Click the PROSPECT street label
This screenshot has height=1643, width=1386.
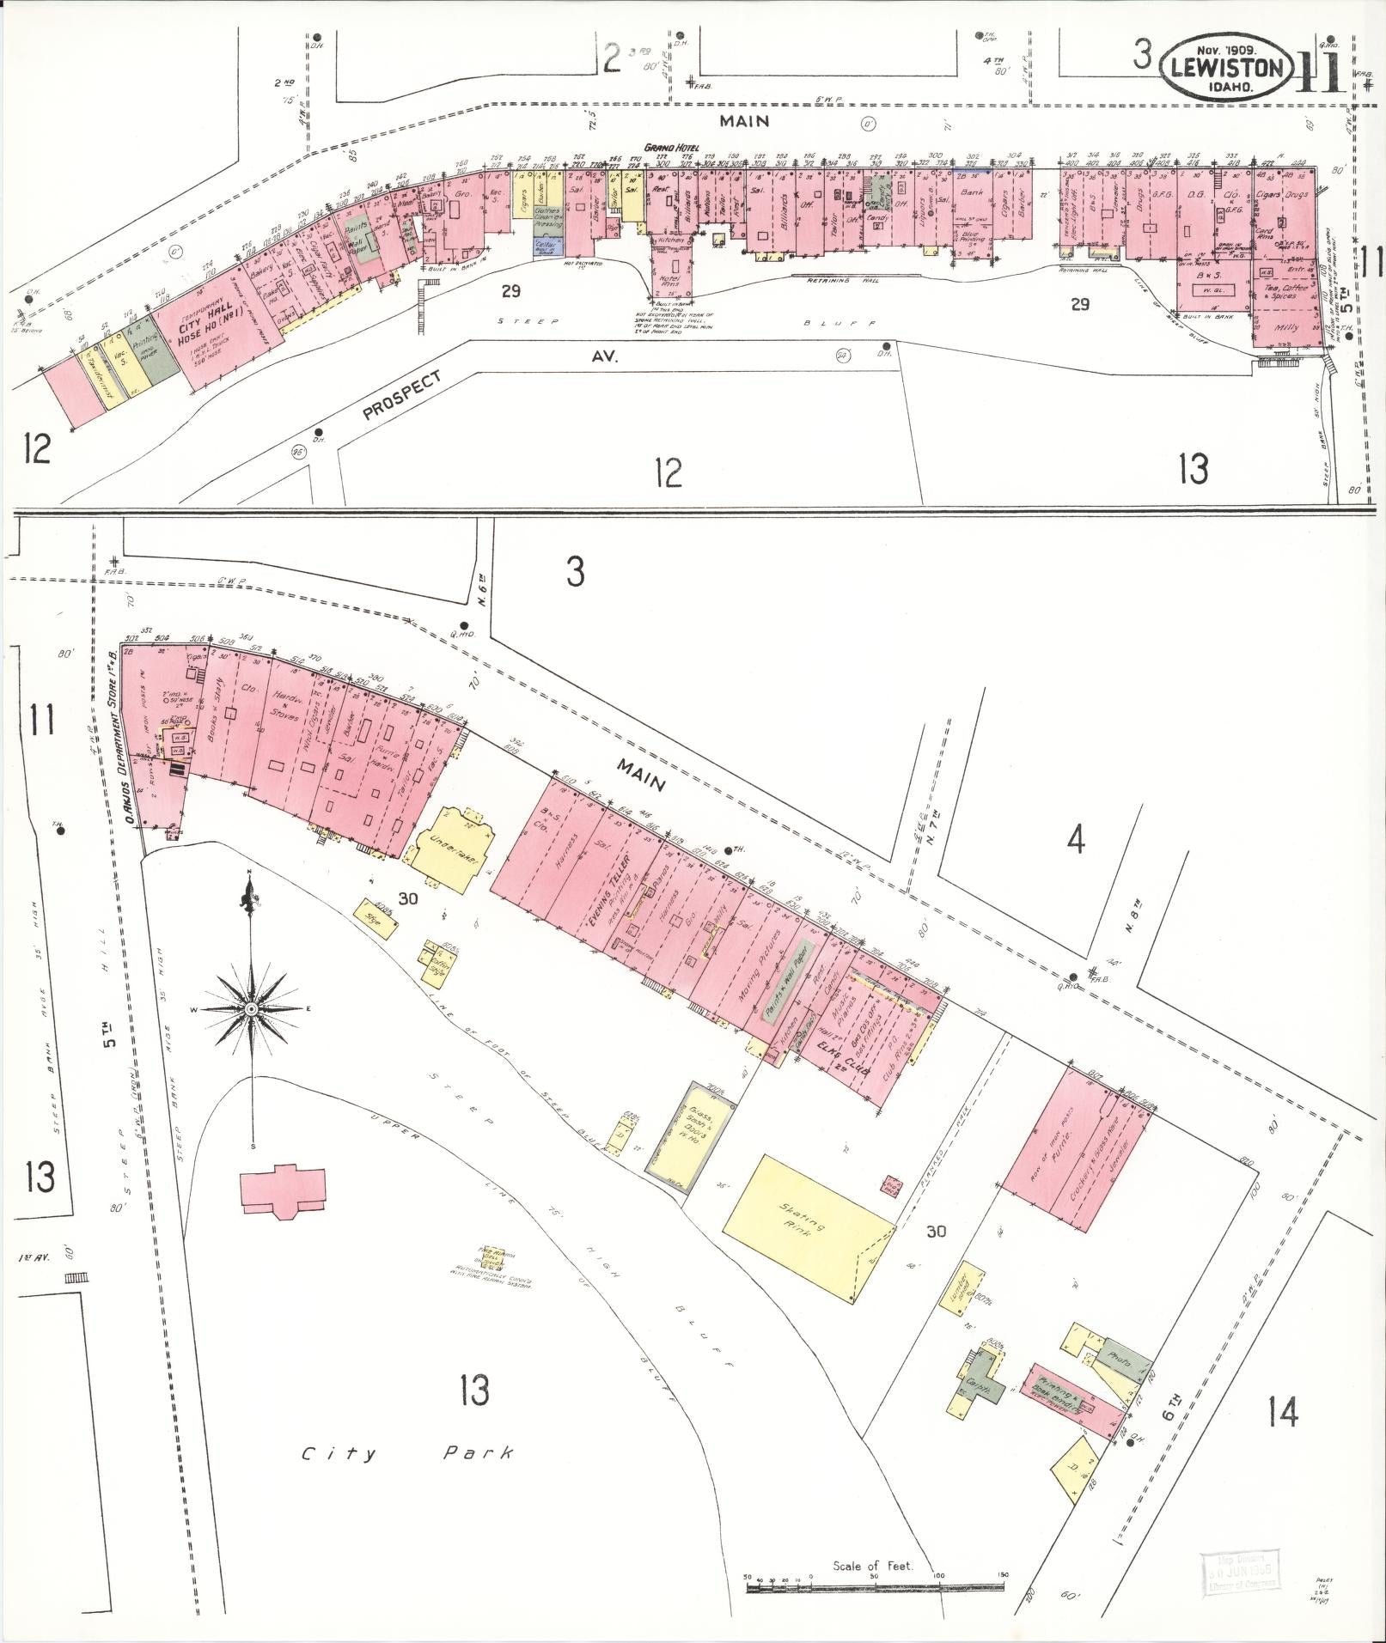pos(401,394)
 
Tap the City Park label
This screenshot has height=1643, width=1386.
pos(407,1453)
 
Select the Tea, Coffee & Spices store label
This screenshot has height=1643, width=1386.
pos(1285,292)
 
